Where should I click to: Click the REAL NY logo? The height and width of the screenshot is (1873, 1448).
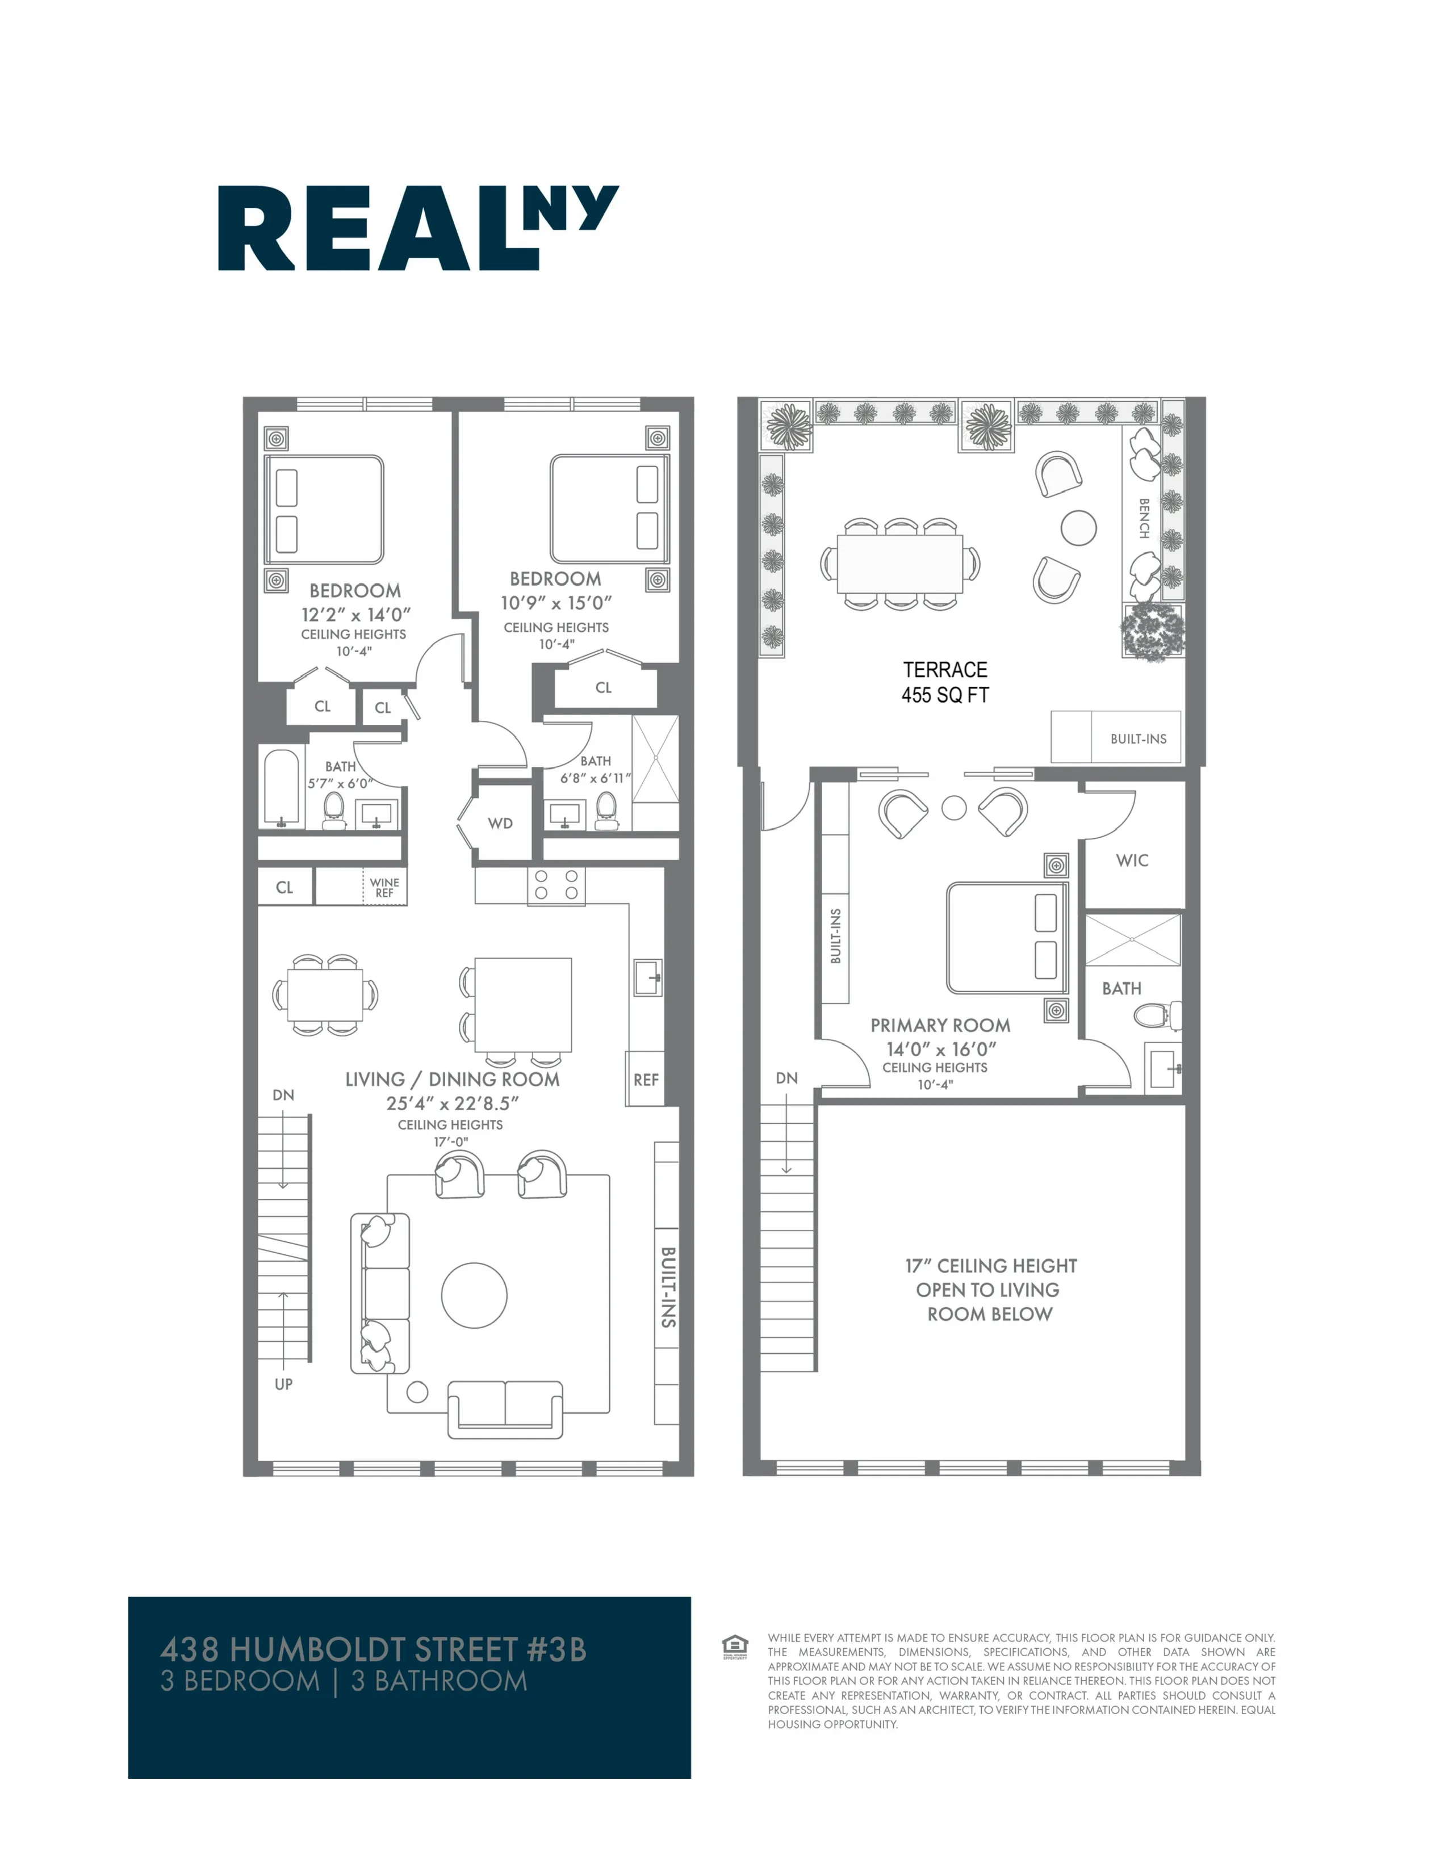coord(418,228)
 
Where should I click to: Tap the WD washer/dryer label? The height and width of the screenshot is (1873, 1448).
coord(500,824)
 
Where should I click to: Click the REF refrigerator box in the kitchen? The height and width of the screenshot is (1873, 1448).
coord(646,1080)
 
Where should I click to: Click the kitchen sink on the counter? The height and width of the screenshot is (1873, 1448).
coord(648,977)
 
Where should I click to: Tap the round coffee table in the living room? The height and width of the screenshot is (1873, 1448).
coord(474,1295)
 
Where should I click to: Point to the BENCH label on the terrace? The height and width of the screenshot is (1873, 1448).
coord(1144,518)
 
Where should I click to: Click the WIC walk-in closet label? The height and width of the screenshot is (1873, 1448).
coord(1132,860)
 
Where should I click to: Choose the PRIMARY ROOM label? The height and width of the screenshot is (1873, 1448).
coord(940,1025)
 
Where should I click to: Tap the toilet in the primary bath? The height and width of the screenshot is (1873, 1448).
coord(1157,1017)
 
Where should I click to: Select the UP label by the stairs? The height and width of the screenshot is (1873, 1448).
coord(284,1383)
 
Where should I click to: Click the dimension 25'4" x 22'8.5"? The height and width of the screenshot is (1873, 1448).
coord(452,1104)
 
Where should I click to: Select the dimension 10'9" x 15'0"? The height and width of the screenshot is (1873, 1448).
coord(556,603)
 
